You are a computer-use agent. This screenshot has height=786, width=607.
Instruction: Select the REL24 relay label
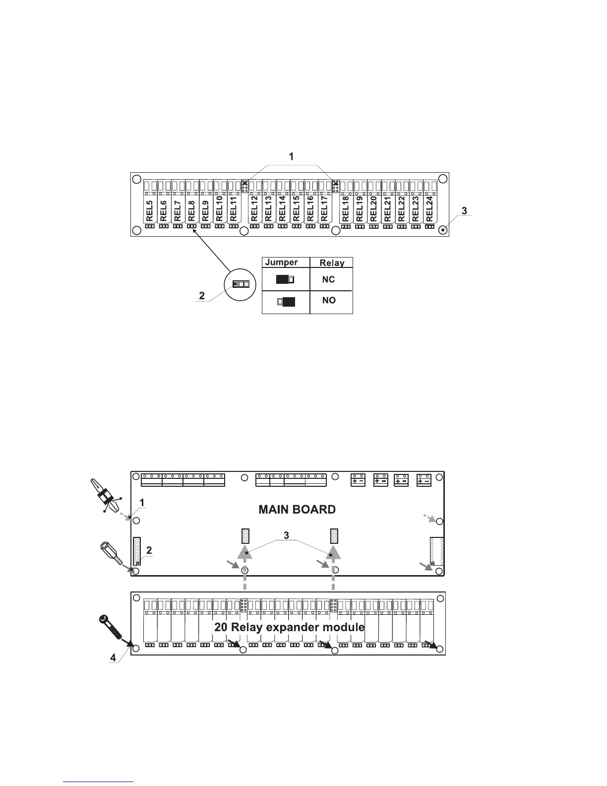[x=429, y=209]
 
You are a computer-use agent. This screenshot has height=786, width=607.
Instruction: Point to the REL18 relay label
[x=346, y=209]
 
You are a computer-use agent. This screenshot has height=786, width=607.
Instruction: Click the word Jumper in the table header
[x=282, y=262]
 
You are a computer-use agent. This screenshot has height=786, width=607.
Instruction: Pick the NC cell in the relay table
[x=328, y=279]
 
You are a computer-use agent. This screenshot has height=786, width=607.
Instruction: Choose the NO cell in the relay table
[x=329, y=300]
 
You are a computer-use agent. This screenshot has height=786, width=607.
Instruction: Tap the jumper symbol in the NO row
[x=286, y=301]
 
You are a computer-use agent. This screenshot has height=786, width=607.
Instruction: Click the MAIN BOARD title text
[x=297, y=510]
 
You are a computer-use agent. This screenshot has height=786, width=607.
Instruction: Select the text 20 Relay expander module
[x=289, y=627]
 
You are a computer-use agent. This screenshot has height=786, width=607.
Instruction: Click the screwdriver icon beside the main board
[x=105, y=496]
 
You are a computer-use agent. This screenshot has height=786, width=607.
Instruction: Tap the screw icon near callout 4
[x=111, y=627]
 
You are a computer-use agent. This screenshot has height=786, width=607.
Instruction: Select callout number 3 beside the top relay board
[x=464, y=211]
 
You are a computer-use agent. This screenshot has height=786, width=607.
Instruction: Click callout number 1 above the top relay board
[x=292, y=157]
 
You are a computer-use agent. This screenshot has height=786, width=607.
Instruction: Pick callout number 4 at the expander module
[x=113, y=657]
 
